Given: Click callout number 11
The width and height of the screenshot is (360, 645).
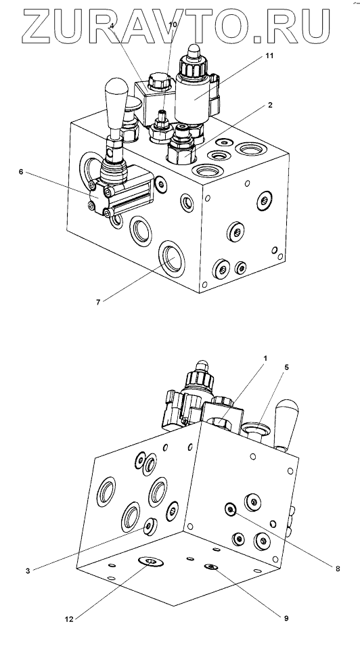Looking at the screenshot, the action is (x=269, y=56).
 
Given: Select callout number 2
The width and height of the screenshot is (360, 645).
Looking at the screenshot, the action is (x=270, y=105).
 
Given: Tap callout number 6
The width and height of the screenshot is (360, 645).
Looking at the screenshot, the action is (x=21, y=171).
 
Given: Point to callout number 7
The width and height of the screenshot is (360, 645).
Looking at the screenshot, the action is (x=98, y=303).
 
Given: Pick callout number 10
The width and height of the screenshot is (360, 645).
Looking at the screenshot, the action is (x=173, y=24).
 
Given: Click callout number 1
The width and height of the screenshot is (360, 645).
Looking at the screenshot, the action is (x=265, y=358).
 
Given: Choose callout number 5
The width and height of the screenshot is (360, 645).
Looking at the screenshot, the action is (x=287, y=368).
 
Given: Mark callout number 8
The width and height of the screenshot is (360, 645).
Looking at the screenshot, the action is (x=338, y=569).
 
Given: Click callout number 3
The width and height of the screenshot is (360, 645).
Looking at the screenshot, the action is (x=28, y=571).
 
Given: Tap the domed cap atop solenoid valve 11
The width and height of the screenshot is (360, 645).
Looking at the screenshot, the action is (x=193, y=52).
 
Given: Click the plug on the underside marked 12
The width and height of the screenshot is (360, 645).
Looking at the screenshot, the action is (x=151, y=562).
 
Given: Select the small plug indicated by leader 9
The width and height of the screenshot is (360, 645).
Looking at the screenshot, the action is (x=211, y=567).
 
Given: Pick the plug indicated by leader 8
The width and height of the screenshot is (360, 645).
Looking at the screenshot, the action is (x=231, y=510).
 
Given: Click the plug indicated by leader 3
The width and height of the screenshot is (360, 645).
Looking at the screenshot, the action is (x=150, y=527).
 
